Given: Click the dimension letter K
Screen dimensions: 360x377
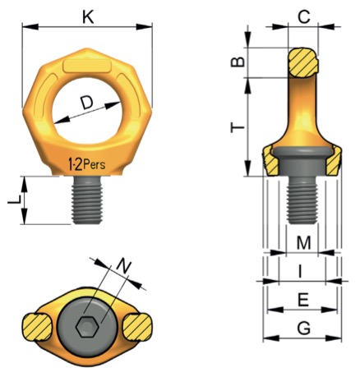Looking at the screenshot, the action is click(x=89, y=17).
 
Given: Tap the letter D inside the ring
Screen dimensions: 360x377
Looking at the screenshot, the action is click(x=86, y=103).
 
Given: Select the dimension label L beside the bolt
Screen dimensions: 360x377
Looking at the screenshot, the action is click(x=14, y=200).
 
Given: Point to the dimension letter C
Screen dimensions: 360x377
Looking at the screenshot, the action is click(x=303, y=17).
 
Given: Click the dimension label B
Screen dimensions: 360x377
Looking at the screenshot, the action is click(x=238, y=62).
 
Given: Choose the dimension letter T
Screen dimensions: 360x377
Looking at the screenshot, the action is click(x=238, y=127).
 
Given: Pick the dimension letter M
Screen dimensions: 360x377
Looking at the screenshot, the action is click(x=304, y=242).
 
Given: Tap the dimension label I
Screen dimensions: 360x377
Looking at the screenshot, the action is click(x=301, y=272).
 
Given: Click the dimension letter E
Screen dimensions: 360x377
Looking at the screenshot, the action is click(x=303, y=300).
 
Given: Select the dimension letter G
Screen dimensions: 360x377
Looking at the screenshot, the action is click(x=304, y=329).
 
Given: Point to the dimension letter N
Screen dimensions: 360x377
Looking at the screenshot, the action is click(x=124, y=266).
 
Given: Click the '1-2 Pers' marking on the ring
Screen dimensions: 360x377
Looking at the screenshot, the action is click(x=86, y=165).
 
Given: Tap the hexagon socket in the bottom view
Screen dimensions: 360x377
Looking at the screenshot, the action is click(x=87, y=327).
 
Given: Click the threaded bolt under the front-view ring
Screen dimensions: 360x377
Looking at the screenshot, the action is click(x=87, y=200).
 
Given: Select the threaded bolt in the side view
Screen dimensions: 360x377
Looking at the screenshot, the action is click(x=302, y=200).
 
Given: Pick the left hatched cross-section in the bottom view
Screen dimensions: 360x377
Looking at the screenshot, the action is click(x=37, y=328).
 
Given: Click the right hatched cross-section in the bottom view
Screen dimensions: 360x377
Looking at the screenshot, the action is click(x=137, y=327).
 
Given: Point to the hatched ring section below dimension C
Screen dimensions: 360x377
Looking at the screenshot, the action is click(x=303, y=62).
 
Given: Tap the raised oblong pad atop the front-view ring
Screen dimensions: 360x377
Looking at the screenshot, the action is click(x=87, y=67).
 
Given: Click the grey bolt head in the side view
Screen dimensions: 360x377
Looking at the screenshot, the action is click(x=302, y=161).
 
